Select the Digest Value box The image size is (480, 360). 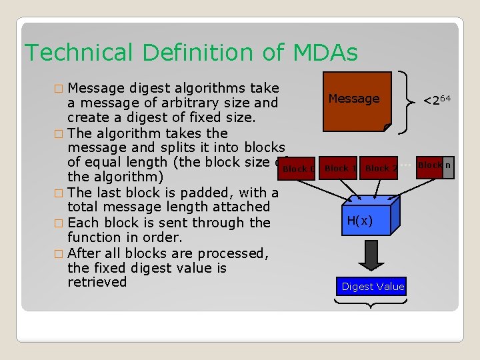(x=373, y=287)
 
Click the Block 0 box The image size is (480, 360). (x=297, y=169)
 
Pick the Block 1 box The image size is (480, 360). (x=339, y=168)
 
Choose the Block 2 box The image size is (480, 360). (x=380, y=168)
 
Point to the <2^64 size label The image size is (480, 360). (x=437, y=101)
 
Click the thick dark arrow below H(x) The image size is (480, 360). (x=369, y=253)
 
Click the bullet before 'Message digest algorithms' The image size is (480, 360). (x=59, y=88)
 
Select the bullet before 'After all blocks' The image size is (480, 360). (x=59, y=253)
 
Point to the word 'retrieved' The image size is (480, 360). (x=97, y=282)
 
